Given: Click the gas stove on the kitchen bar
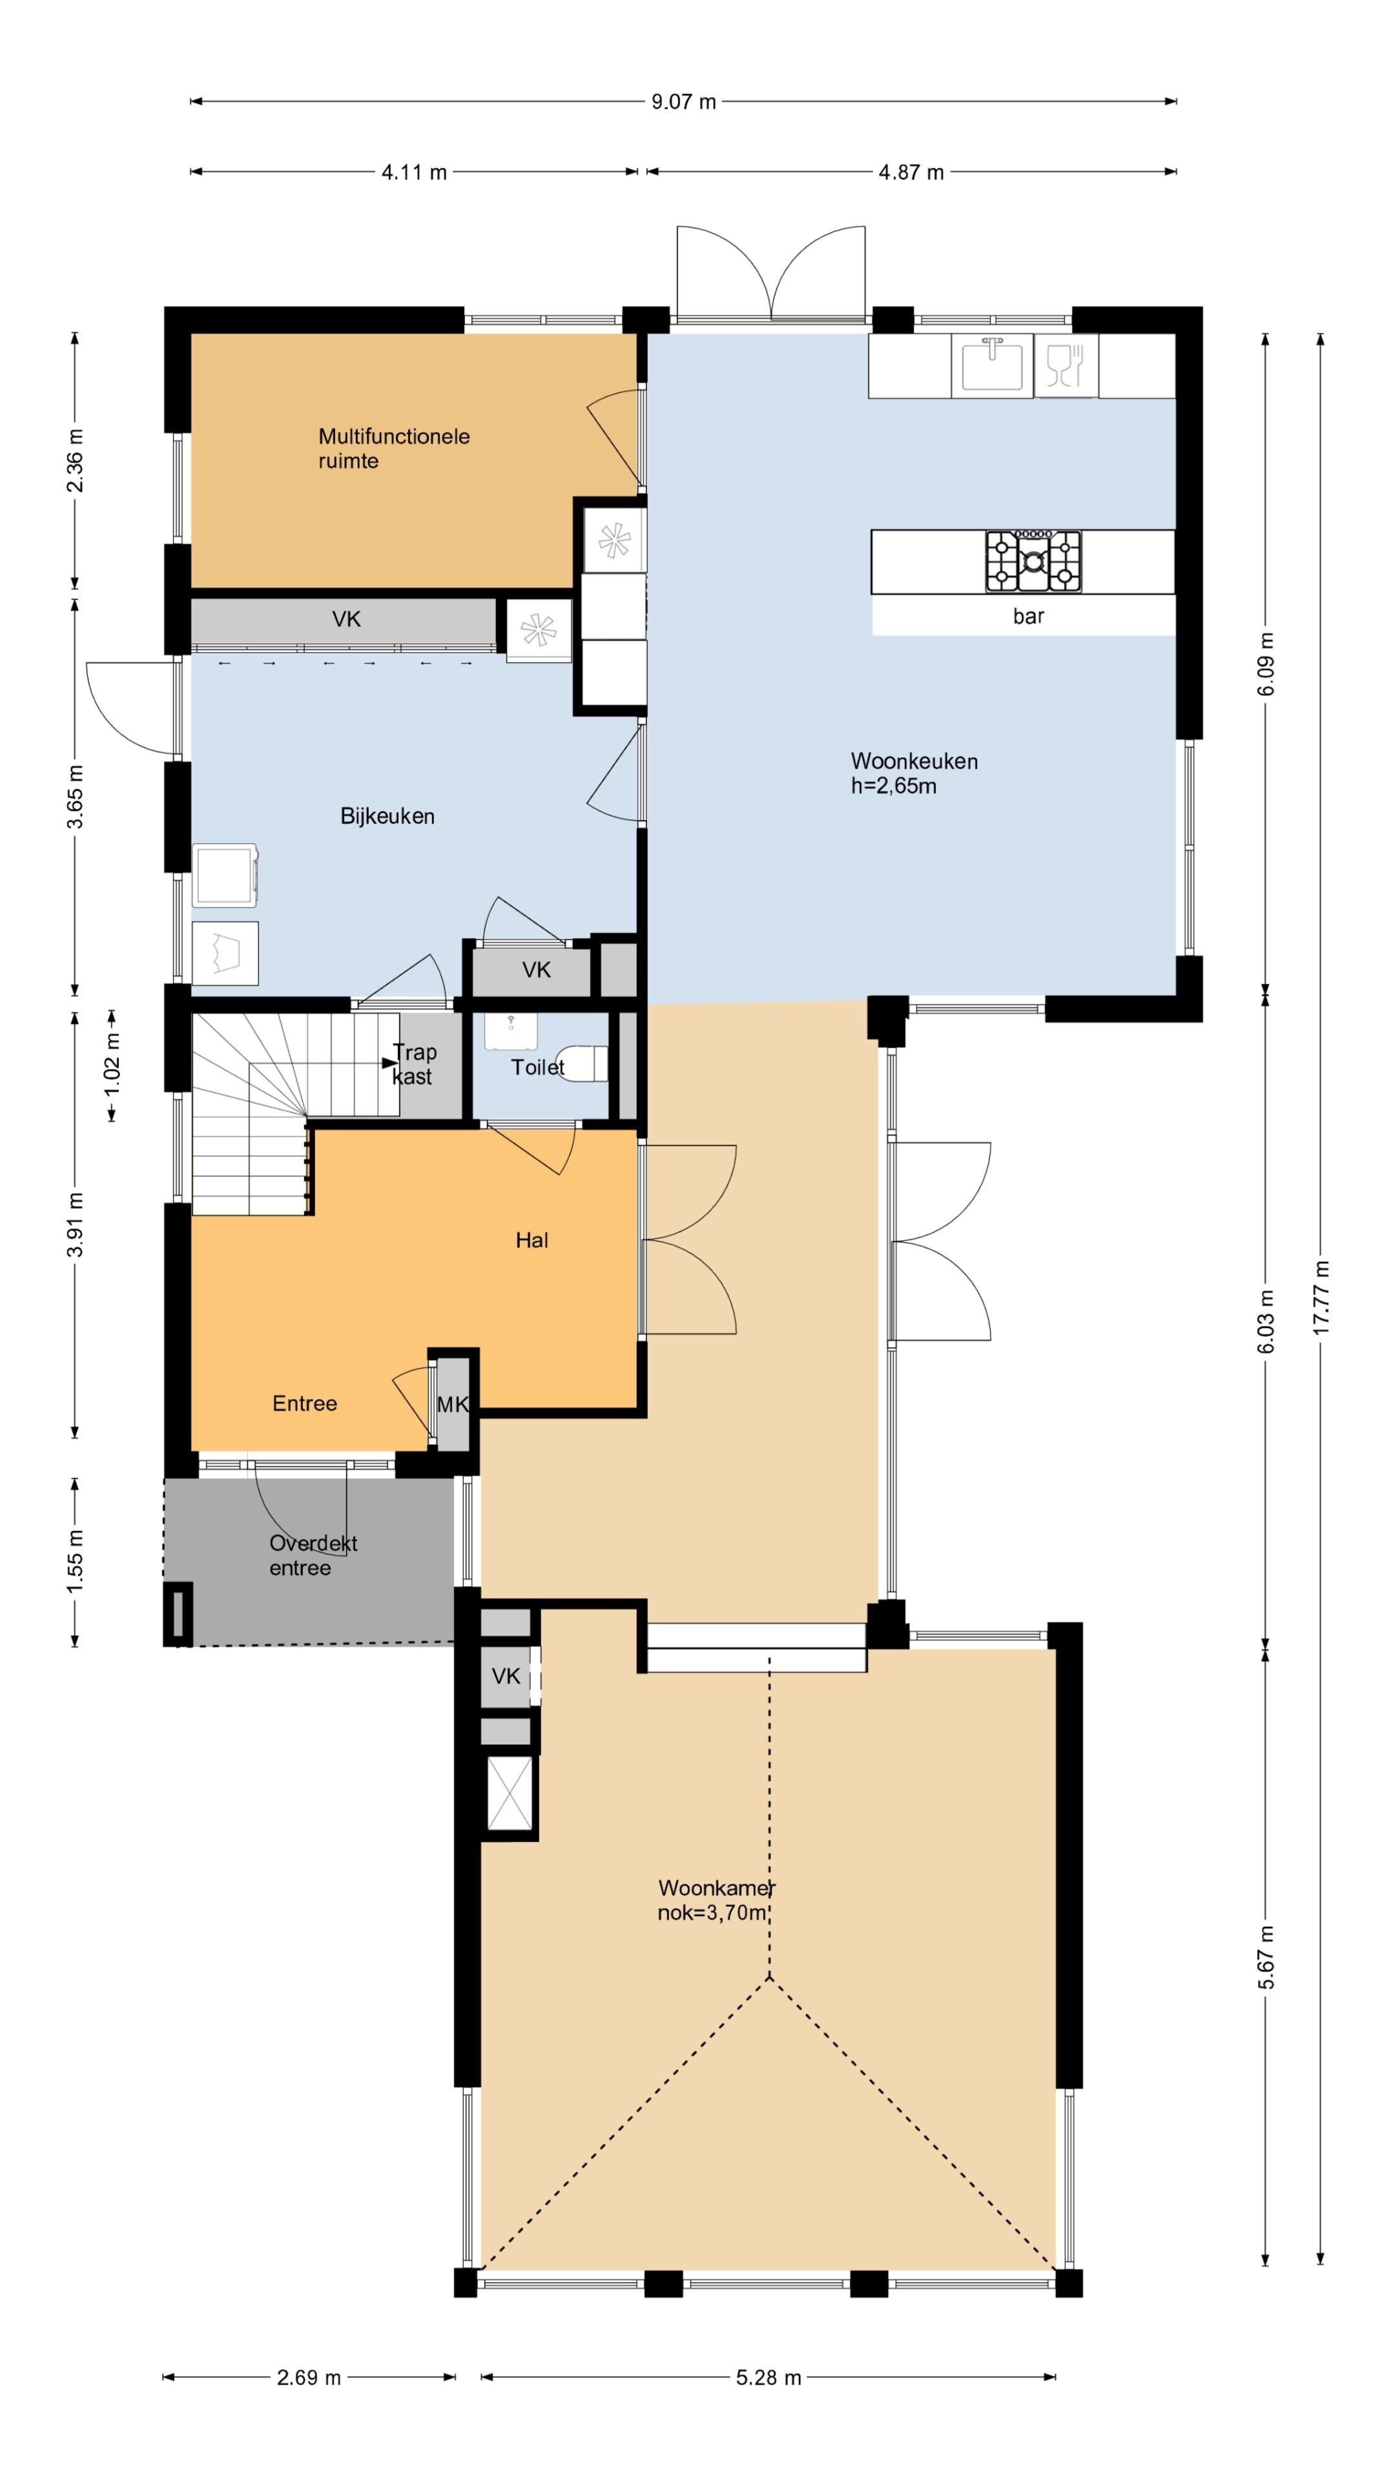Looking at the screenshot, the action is [1032, 560].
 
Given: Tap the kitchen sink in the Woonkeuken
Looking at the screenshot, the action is [991, 365].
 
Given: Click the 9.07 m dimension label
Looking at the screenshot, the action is [683, 102].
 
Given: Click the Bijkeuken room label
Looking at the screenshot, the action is [387, 816].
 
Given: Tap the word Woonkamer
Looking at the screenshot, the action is [716, 1888].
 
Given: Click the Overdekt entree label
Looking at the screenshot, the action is [313, 1555].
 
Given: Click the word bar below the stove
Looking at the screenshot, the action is [1028, 616].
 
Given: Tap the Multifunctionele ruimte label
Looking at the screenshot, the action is [394, 449].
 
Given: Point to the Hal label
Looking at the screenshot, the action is [532, 1240].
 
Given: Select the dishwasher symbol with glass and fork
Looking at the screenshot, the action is [1066, 365].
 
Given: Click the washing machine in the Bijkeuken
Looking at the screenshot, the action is [225, 876].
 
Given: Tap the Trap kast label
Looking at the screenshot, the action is [414, 1065].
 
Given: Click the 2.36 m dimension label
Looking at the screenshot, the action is [75, 461].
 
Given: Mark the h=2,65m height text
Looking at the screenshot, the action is [893, 786].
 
